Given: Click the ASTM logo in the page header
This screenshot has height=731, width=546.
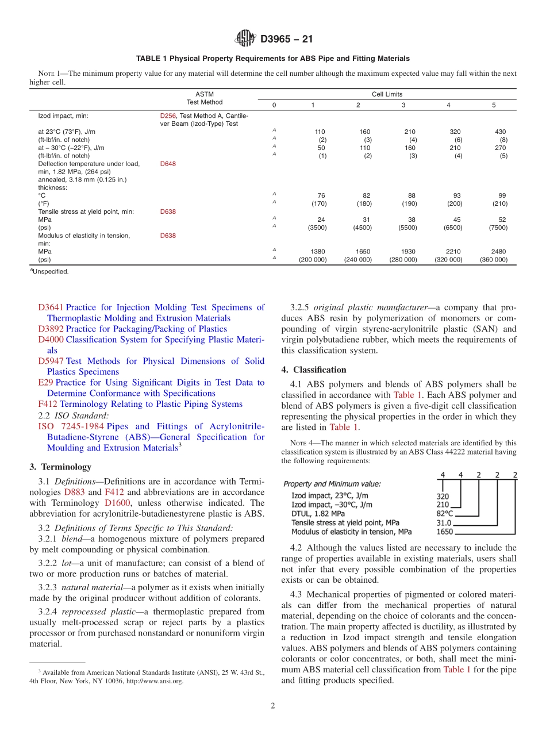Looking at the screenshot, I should point(245,39).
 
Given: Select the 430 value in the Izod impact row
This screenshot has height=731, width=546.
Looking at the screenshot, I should point(500,132).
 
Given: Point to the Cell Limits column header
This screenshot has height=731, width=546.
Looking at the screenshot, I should point(386,94).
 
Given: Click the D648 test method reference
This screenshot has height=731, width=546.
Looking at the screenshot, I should point(168,164).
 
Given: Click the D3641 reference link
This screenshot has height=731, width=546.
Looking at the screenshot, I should point(51,307).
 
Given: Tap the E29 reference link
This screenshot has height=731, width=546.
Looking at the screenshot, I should point(45,383).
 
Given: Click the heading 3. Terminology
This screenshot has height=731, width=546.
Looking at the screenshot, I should point(60,467).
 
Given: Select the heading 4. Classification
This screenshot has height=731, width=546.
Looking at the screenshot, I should point(314,370).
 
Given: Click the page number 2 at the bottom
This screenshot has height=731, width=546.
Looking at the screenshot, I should point(273,706).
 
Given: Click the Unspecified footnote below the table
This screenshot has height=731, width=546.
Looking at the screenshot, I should point(50,272).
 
